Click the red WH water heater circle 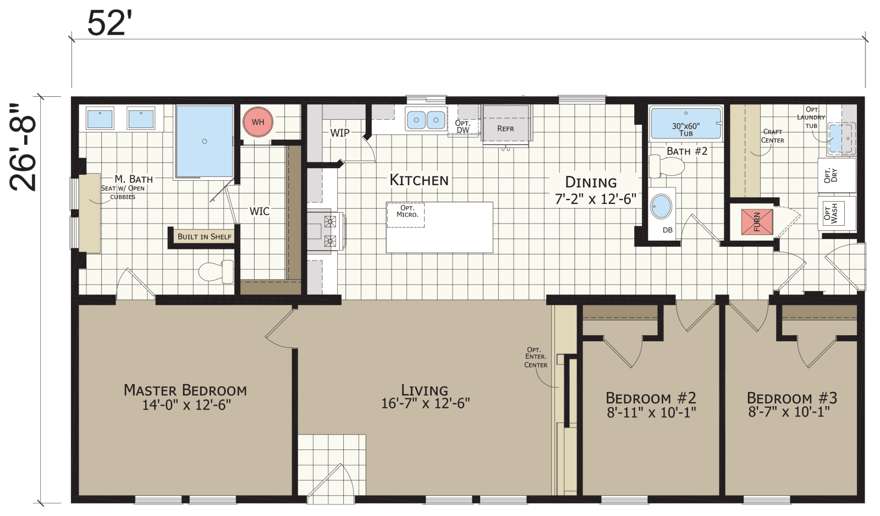pos(257,122)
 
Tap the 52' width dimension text pos(109,23)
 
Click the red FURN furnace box pos(757,221)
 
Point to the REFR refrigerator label pos(505,129)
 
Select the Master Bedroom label pos(185,390)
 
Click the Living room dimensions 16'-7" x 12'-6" pos(425,404)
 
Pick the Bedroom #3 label pos(791,398)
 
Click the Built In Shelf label pos(204,237)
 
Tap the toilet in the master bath pos(215,271)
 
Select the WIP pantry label pos(339,133)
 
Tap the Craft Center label pos(772,136)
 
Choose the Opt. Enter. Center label pos(535,357)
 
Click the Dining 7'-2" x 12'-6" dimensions pos(595,199)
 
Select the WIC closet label pos(260,212)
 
